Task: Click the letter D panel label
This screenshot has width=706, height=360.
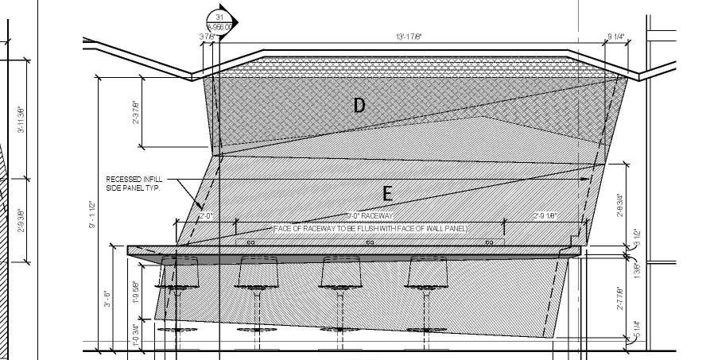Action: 359,105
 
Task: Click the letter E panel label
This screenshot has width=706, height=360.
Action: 388,193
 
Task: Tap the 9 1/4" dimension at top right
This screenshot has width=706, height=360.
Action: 615,37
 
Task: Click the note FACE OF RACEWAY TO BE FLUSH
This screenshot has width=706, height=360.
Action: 370,229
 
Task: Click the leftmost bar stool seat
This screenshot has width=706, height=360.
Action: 180,272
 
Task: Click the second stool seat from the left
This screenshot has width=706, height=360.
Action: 258,272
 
